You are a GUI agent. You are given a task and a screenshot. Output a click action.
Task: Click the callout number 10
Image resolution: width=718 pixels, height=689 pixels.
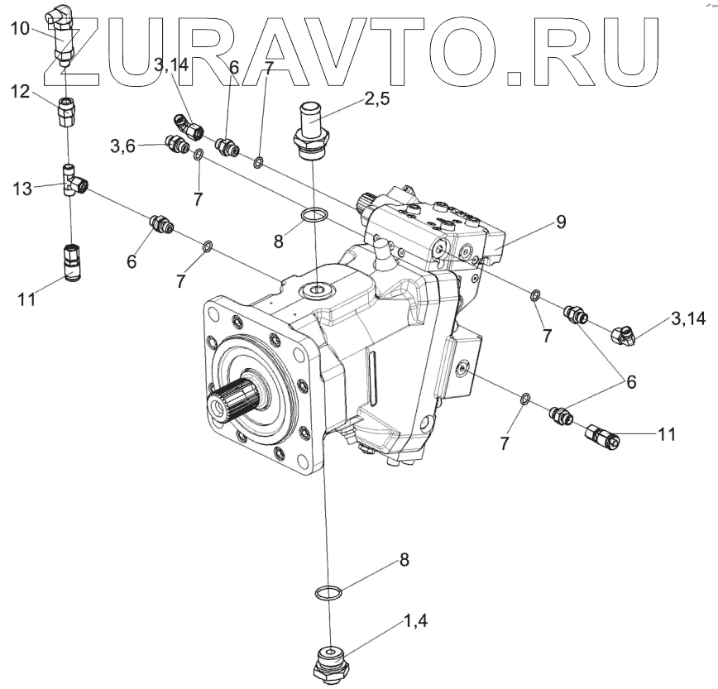point(20,29)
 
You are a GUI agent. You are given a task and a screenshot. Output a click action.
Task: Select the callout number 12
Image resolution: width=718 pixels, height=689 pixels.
point(20,93)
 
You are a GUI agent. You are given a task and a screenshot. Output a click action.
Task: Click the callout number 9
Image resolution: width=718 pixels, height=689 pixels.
point(561,222)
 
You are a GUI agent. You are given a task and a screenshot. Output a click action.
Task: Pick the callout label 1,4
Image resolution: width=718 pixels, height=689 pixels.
point(416,620)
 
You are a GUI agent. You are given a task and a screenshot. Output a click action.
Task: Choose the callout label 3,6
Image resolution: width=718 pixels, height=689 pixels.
point(124,147)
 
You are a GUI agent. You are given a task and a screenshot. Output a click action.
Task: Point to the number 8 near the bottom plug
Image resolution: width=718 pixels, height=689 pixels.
point(404,559)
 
